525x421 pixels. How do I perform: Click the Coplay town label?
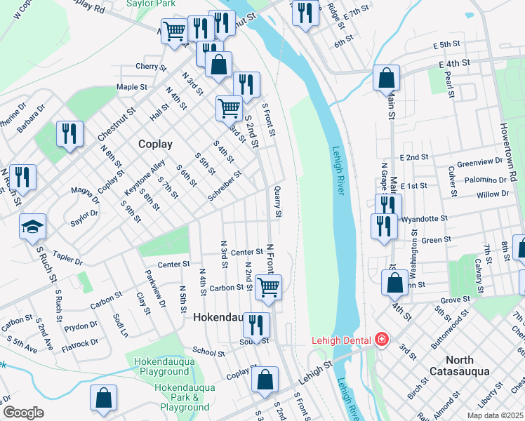(x=155, y=144)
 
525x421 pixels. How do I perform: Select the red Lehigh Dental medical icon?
(x=381, y=340)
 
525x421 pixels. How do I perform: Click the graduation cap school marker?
(x=32, y=227)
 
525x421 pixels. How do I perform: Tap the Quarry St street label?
(x=278, y=201)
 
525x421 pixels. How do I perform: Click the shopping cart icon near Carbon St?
(x=268, y=287)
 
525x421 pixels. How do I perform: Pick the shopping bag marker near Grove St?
(x=395, y=283)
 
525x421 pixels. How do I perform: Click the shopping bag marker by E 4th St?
(x=386, y=78)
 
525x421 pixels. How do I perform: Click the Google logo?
(x=23, y=413)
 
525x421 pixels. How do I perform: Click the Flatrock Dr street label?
(x=80, y=344)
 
